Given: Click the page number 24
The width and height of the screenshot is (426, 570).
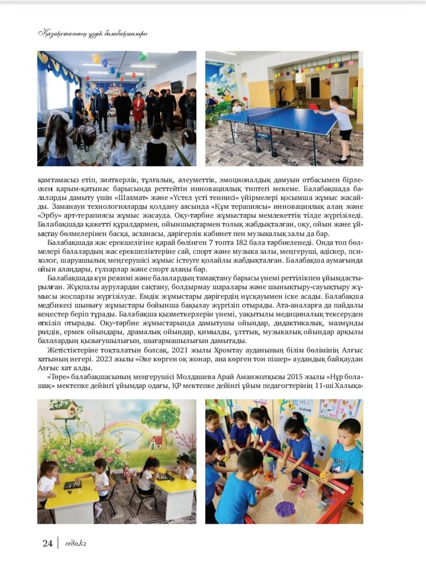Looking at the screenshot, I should pos(47,543).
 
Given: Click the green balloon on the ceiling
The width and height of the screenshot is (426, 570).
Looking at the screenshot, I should pos(143,57).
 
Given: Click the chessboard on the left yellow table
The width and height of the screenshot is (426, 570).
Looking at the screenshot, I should pos(72,484).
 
